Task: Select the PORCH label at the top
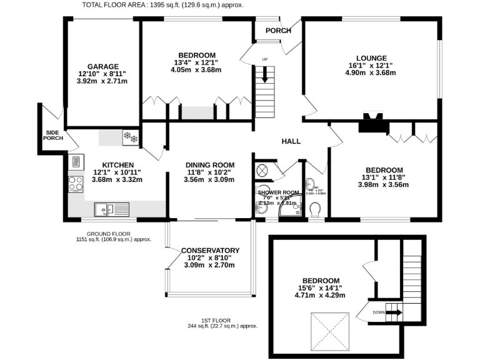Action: [278, 31]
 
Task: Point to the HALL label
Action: [291, 141]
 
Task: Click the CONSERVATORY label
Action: [211, 251]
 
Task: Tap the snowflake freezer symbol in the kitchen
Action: [131, 137]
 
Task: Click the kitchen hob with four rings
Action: [76, 184]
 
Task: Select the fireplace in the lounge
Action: [373, 122]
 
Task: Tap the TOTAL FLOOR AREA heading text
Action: [163, 5]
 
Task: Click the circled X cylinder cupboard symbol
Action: [262, 170]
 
